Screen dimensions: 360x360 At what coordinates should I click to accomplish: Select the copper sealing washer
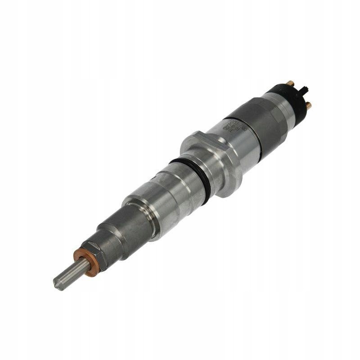coord(84,258)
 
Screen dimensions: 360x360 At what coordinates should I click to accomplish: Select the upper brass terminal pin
coord(290,83)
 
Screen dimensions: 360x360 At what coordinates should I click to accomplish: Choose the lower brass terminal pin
coord(308,105)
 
